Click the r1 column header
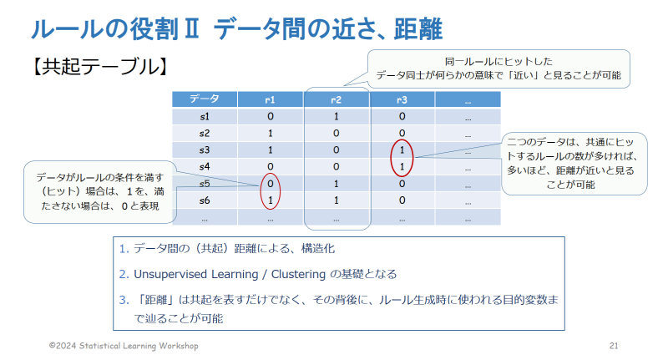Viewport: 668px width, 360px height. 270,99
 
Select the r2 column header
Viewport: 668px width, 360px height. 337,99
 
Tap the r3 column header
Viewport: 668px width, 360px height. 402,99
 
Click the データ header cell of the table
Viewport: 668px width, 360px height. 205,99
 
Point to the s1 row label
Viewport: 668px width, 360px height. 205,116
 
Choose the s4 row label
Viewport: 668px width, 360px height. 205,166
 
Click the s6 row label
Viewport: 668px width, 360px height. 205,200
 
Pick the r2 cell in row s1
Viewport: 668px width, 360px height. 337,116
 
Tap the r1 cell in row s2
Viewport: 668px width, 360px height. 270,134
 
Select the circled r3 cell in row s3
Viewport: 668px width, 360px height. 402,150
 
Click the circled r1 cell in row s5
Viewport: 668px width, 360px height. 270,184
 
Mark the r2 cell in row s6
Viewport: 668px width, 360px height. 337,200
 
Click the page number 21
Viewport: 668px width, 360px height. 614,346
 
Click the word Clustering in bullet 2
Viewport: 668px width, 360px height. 298,274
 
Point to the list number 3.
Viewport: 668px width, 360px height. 124,300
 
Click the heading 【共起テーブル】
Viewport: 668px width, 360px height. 99,67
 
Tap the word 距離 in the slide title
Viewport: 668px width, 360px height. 418,29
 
